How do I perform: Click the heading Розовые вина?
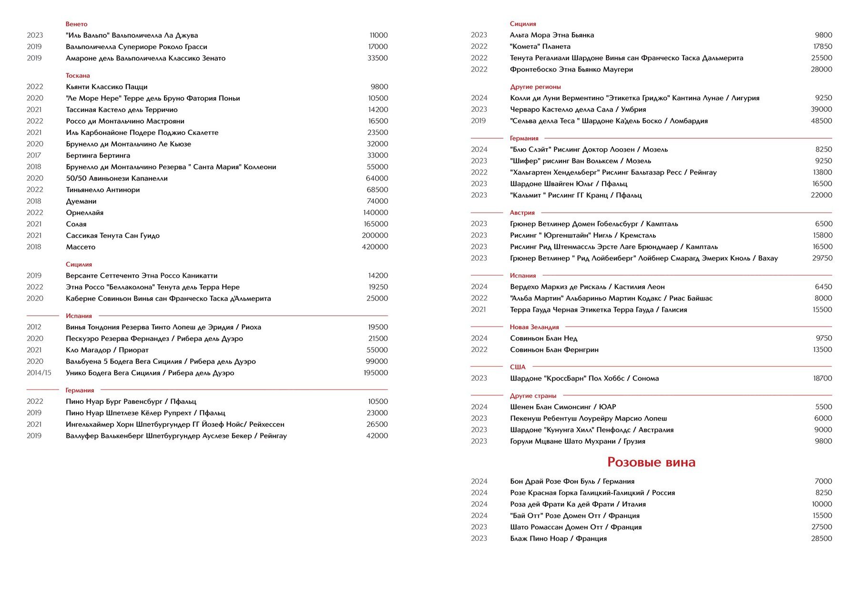tap(651, 462)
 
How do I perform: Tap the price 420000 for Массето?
tap(375, 247)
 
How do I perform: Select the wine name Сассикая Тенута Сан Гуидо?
tap(112, 236)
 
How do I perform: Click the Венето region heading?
tap(76, 24)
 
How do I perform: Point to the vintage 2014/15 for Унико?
tap(39, 373)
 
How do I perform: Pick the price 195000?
tap(376, 373)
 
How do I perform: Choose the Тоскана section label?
tap(78, 75)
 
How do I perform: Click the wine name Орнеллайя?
tap(84, 213)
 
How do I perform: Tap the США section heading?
tap(518, 367)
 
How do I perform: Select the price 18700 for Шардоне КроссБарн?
tap(822, 379)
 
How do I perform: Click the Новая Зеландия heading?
tap(534, 327)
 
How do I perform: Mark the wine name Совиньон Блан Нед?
tap(543, 339)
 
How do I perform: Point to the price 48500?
tap(821, 121)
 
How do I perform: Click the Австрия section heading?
tap(522, 213)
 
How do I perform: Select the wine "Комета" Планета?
tap(540, 47)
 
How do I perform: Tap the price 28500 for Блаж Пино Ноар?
tap(821, 539)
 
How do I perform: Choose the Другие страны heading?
tap(533, 396)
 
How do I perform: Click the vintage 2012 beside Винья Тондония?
tap(34, 327)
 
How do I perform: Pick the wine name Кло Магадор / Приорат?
tap(107, 350)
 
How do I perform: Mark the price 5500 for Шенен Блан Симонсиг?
tap(823, 407)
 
